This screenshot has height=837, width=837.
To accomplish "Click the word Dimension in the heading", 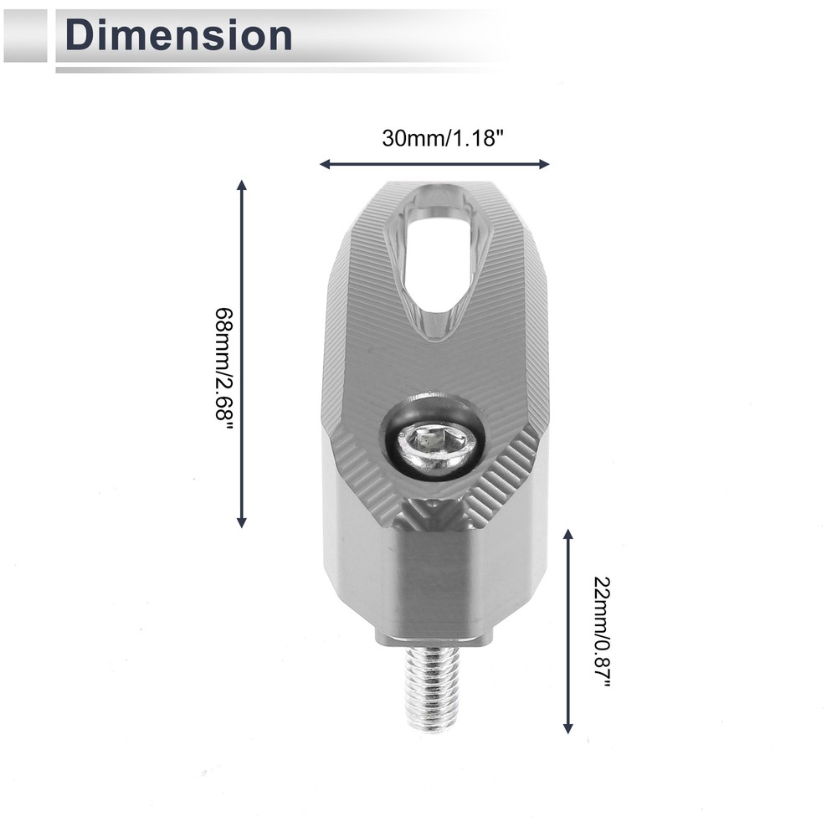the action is pos(178,35).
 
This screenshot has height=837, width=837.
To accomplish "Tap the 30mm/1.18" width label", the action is pos(443,138).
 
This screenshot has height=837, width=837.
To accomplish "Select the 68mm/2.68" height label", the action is pos(224,369).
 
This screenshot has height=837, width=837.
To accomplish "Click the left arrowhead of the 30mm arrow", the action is pos(325,164).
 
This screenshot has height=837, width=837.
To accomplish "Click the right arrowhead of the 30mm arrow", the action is pos(545,164).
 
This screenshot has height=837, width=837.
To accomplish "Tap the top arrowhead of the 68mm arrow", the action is pos(241,185).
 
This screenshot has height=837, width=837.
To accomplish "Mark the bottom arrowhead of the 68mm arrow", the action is pos(241,522).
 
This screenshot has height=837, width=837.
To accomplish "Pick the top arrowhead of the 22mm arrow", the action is pos(568,534).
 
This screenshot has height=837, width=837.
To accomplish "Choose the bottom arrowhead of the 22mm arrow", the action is pos(568,727).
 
